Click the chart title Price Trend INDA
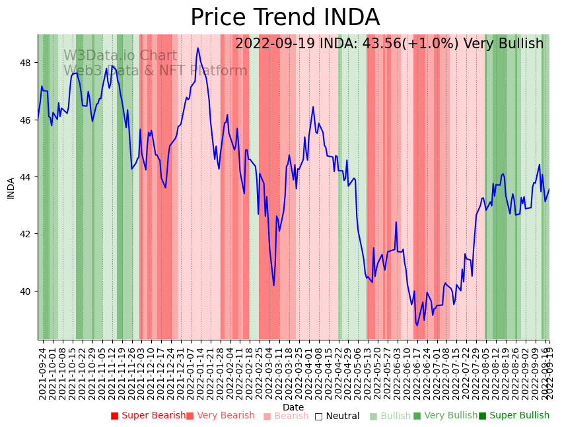click(285, 18)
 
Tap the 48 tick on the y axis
click(29, 63)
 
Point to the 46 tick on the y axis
click(29, 120)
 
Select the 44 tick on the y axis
click(29, 177)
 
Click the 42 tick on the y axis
click(29, 234)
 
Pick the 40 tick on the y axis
click(29, 291)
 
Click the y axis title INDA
click(11, 188)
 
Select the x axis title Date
click(293, 407)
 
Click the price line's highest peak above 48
click(197, 48)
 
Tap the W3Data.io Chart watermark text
click(120, 56)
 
